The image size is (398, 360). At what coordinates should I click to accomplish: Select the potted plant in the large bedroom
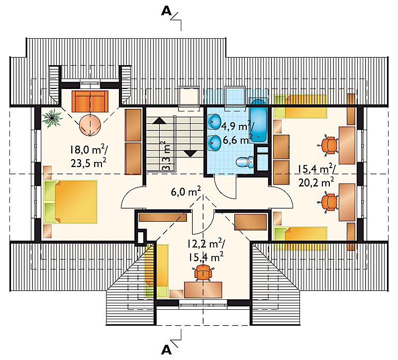(x=52, y=117)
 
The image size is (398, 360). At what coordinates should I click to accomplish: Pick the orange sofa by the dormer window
(x=90, y=101)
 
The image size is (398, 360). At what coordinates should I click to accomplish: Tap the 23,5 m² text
(x=89, y=163)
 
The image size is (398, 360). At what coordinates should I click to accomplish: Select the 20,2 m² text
(x=316, y=182)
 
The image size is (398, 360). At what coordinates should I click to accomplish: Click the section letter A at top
(x=167, y=11)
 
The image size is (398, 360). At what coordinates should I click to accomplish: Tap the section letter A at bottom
(x=167, y=350)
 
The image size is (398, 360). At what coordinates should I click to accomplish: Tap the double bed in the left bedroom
(x=70, y=202)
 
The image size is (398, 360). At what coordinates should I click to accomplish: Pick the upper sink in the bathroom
(x=215, y=121)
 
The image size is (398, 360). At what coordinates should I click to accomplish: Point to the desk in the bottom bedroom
(x=203, y=289)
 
